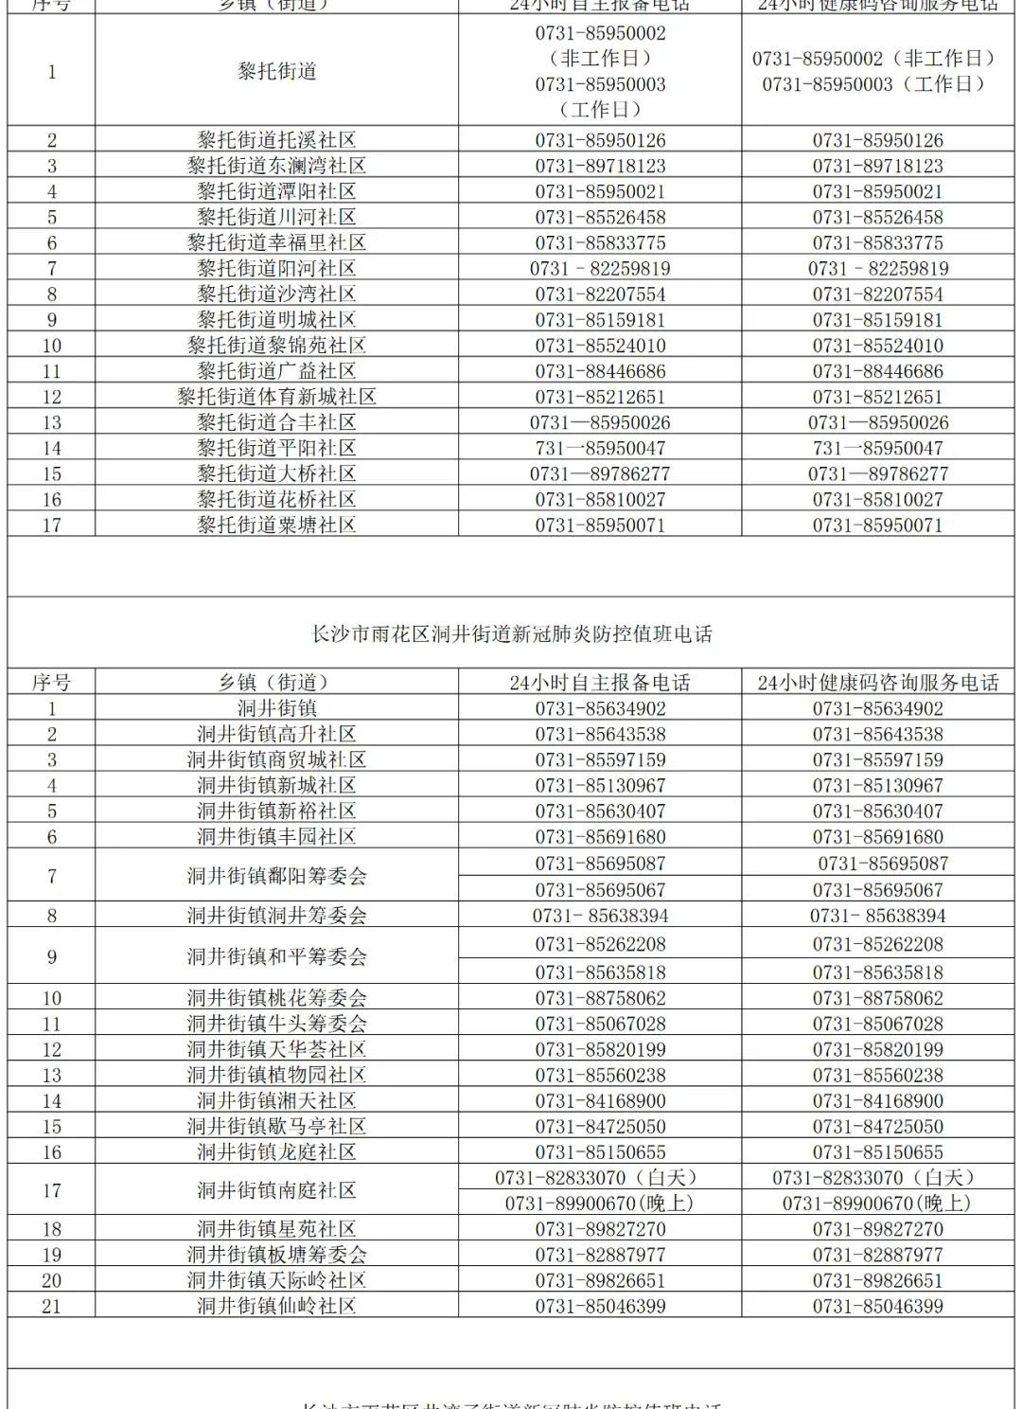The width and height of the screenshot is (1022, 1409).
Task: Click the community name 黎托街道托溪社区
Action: tap(276, 140)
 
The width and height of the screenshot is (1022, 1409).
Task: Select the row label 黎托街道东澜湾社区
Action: tap(276, 166)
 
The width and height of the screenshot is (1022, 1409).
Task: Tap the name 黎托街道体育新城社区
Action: tap(276, 397)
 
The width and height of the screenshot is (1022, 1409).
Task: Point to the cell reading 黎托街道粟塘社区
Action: tap(276, 525)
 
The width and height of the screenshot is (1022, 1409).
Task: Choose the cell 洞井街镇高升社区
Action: tap(276, 734)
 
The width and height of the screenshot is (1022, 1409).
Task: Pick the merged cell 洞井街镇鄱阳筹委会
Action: tap(276, 876)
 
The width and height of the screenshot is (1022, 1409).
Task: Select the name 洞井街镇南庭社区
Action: tap(276, 1190)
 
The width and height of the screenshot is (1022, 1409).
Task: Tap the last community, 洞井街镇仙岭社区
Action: tap(276, 1306)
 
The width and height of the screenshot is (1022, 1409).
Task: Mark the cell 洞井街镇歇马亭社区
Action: tap(276, 1127)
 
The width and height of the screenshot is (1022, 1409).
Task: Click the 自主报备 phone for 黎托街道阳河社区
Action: tap(600, 269)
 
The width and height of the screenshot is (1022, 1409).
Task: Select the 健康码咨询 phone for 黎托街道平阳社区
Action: tap(877, 448)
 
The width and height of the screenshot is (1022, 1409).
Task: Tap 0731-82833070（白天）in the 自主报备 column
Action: tap(597, 1178)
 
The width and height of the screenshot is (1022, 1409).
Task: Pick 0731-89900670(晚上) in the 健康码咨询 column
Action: tap(877, 1204)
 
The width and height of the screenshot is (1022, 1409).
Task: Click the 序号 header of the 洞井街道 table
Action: tap(51, 682)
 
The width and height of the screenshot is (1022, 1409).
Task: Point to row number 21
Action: tap(51, 1306)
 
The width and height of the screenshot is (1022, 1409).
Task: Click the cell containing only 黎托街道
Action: tap(276, 72)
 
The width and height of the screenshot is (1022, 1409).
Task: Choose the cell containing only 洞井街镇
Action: tap(276, 708)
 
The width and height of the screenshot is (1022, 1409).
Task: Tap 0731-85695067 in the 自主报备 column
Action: tap(600, 890)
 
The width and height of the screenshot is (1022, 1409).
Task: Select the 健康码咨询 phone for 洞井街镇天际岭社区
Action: tap(877, 1280)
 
